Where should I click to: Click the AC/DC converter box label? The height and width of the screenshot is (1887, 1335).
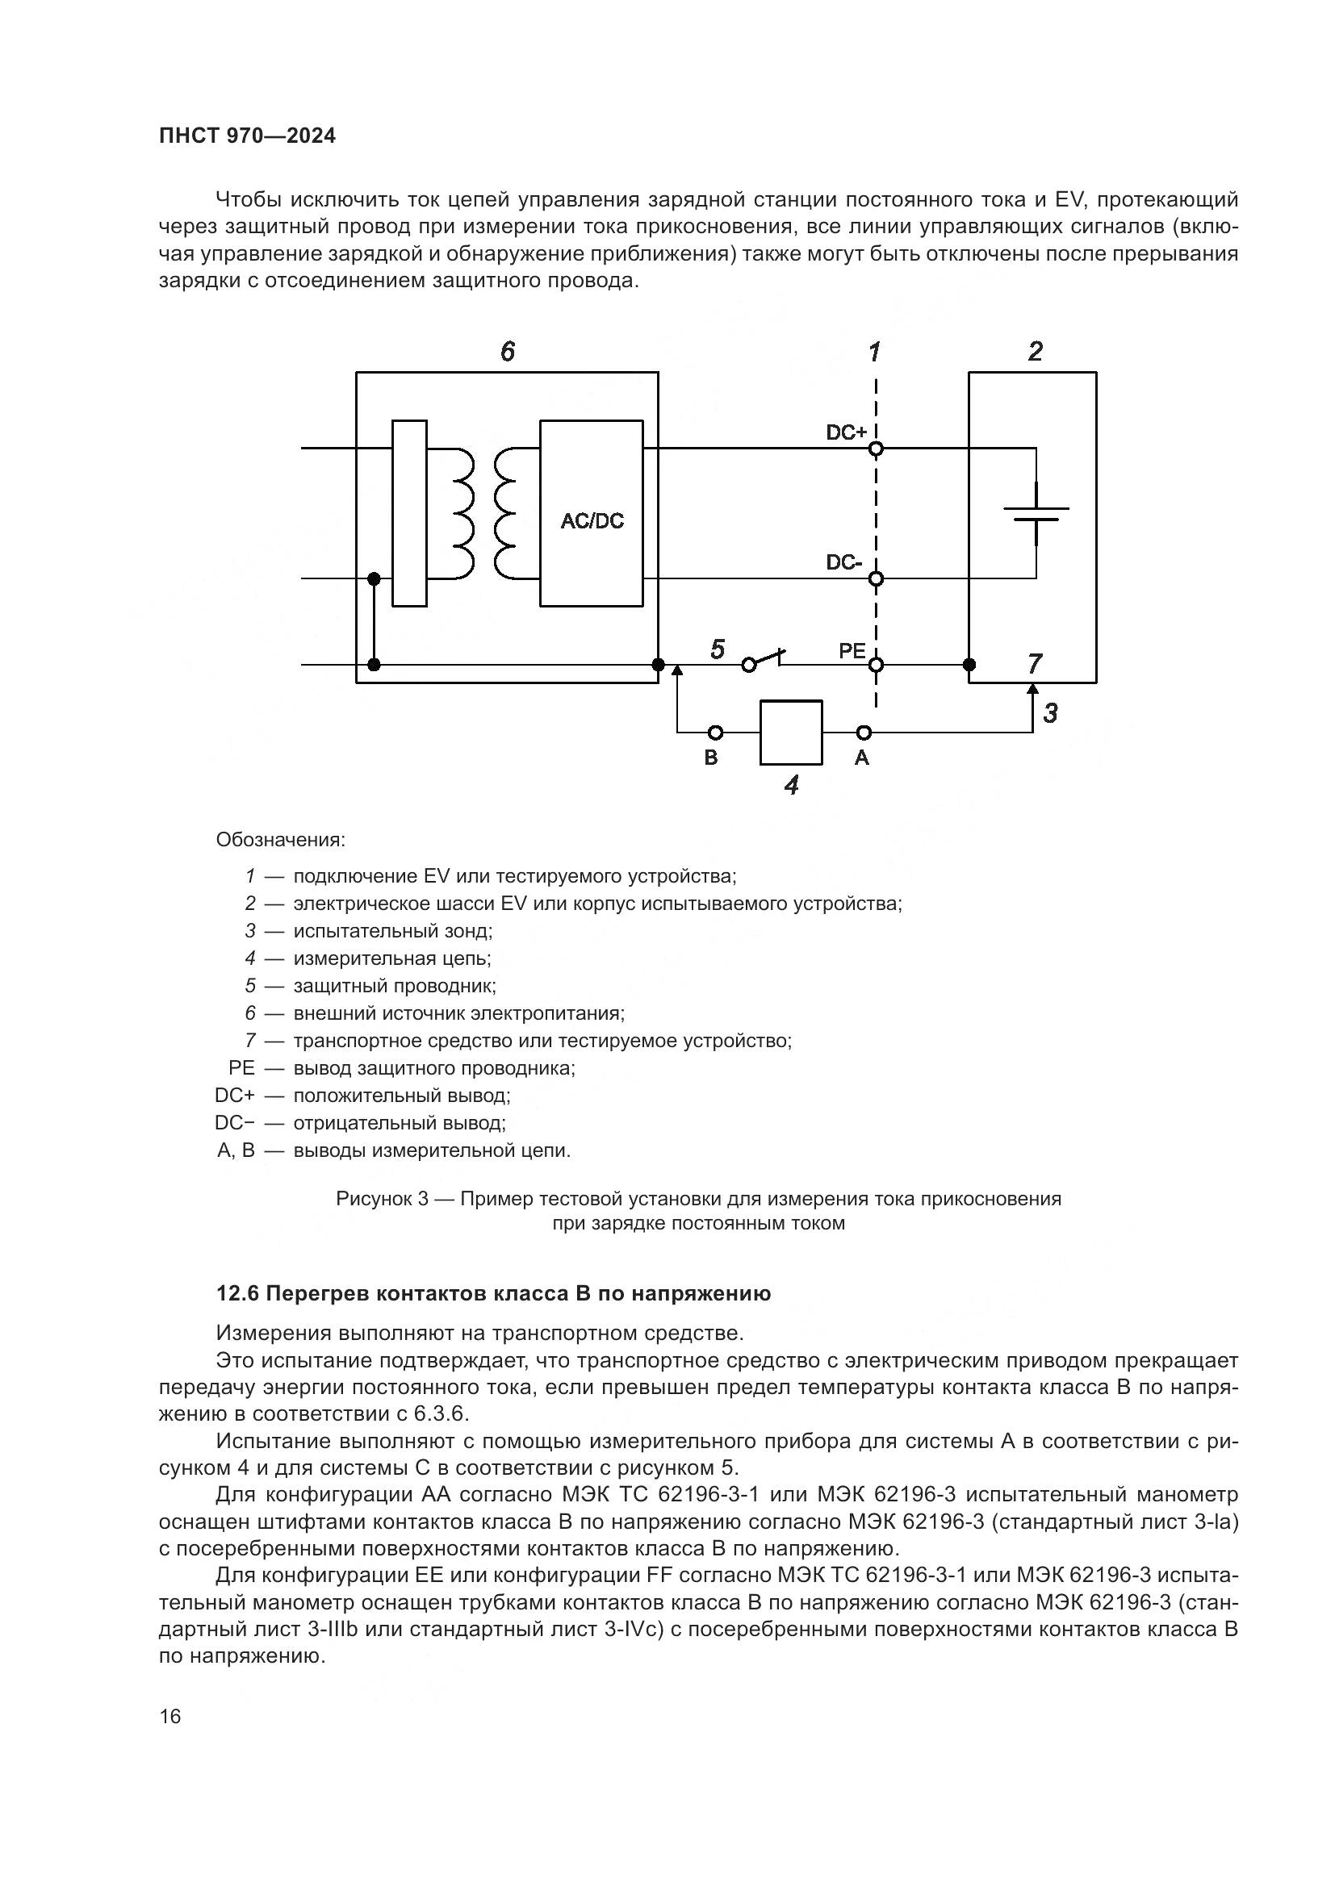coord(592,521)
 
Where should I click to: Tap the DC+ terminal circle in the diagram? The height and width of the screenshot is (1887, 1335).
coord(877,449)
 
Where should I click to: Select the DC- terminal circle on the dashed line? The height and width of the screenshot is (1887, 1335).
coord(877,578)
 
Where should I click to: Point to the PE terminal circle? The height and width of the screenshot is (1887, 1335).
coord(877,665)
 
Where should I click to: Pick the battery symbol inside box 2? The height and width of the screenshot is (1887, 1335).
coord(1036,514)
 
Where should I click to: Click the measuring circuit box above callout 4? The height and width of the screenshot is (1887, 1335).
coord(791,733)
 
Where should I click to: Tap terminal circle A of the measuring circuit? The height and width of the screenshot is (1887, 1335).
coord(864,733)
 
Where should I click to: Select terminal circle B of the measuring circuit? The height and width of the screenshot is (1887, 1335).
coord(716,733)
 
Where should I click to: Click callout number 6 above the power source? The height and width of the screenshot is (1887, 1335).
coord(507,352)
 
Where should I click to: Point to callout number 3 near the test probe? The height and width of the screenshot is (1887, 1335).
coord(1051,713)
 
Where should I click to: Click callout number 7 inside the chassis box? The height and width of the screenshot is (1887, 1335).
coord(1035,662)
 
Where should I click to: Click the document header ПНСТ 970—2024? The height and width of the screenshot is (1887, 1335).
coord(248,136)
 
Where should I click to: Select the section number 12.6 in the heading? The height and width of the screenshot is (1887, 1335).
coord(236,1293)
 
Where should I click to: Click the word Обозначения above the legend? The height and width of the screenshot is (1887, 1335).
coord(280,840)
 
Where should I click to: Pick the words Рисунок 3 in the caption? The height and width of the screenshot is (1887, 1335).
coord(383,1199)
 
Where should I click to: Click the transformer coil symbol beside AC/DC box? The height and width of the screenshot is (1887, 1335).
coord(483,514)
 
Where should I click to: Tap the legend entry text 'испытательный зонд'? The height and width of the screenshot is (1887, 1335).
coord(392,931)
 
